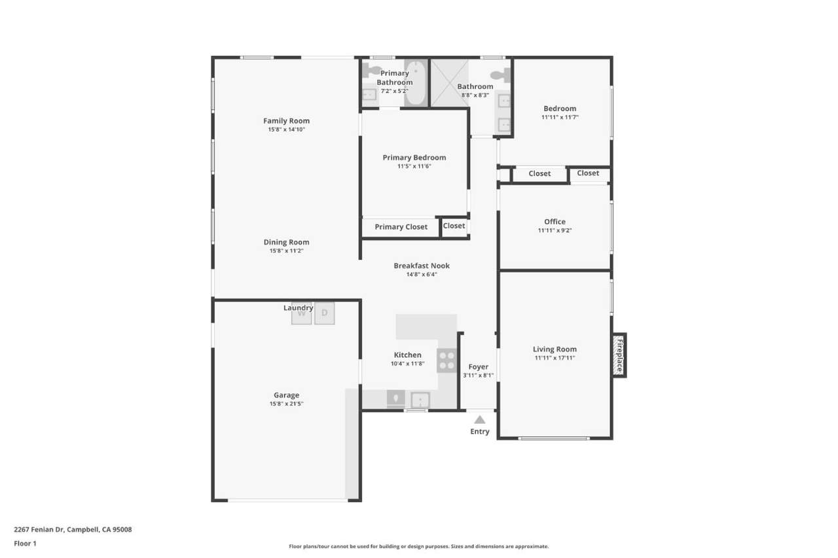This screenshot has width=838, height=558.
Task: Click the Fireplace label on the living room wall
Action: point(619,355)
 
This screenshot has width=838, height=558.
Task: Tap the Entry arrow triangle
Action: point(480,420)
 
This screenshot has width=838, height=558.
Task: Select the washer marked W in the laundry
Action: point(302,313)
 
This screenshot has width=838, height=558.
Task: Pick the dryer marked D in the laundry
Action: point(324,313)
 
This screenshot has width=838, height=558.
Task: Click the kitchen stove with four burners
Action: point(446,360)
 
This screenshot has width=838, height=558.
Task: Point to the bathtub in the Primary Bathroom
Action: point(415,82)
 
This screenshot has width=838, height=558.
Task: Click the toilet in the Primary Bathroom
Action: point(370,70)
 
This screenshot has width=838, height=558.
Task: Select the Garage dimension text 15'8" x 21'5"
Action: point(287,404)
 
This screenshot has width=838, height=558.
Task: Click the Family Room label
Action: point(287,121)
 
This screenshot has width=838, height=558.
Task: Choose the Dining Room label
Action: point(287,242)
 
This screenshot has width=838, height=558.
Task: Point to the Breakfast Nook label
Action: point(422,266)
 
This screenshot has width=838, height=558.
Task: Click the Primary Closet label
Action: point(401,227)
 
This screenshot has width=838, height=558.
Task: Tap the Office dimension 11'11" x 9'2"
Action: point(555,230)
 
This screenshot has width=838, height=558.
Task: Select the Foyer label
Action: point(479,367)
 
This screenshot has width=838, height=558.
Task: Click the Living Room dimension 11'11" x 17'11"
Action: point(555,358)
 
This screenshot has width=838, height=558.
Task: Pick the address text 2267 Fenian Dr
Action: point(40,529)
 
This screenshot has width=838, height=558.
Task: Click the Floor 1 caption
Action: point(25,544)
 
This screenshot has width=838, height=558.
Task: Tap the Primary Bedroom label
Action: point(414,158)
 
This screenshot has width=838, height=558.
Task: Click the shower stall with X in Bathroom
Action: point(450,83)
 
